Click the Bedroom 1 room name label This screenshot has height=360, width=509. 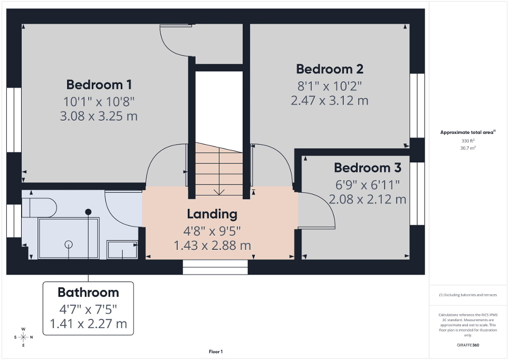99,84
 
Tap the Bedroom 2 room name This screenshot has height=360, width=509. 330,69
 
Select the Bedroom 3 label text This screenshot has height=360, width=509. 368,168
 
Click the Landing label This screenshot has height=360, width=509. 212,214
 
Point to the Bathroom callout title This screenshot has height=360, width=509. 88,293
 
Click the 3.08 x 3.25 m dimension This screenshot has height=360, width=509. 99,116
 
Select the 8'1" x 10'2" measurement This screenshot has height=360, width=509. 330,85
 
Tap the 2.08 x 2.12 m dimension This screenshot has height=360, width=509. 368,199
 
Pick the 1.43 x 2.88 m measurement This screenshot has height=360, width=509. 212,245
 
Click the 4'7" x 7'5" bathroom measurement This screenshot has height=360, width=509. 88,308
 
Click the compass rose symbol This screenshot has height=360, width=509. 23,337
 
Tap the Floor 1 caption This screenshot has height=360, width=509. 215,352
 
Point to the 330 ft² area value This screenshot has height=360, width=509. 468,141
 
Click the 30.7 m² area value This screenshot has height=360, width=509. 468,148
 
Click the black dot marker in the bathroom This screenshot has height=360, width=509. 89,212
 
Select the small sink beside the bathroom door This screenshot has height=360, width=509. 122,250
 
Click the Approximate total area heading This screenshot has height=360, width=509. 468,132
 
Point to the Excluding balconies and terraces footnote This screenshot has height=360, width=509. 468,295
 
